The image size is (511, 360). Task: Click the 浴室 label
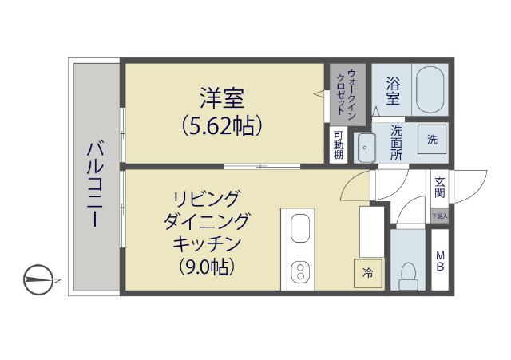(x=393, y=89)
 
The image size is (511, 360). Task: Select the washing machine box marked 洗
(x=432, y=140)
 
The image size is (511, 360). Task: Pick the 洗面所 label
(x=396, y=143)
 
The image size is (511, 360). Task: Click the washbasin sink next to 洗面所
(x=366, y=148)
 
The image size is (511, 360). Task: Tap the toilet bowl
(x=410, y=273)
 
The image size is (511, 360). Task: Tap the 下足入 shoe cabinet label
(x=440, y=216)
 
